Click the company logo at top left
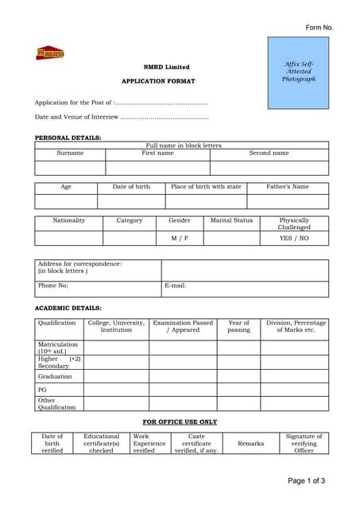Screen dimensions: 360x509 [x=49, y=53]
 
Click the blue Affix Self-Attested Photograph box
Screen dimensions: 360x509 [x=298, y=72]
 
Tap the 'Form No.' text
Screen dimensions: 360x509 [x=319, y=28]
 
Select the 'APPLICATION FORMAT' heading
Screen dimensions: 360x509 [x=157, y=81]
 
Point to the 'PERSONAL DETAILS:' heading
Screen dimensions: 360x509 [x=68, y=138]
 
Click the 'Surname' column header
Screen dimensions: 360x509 [x=70, y=153]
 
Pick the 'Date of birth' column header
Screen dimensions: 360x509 [x=131, y=187]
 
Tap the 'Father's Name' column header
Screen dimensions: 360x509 [x=287, y=187]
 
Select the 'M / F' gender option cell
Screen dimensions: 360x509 [x=180, y=238]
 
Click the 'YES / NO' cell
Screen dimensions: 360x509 [x=294, y=238]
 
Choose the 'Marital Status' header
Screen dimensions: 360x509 [x=231, y=220]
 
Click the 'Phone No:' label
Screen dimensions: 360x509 [x=53, y=285]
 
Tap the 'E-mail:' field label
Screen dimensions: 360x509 [x=175, y=285]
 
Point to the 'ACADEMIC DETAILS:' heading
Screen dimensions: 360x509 [x=68, y=308]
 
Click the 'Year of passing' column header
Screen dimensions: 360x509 [x=238, y=326]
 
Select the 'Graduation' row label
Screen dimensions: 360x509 [x=55, y=376]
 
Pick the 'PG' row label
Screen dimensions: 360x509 [x=42, y=390]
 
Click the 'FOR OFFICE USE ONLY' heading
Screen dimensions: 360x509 [x=180, y=422]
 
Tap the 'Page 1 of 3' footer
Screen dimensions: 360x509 [x=306, y=480]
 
